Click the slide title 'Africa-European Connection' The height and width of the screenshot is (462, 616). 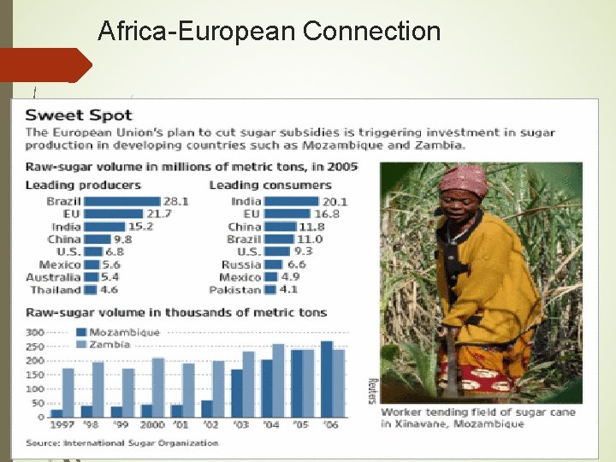269,32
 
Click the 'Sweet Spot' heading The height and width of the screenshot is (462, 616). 79,115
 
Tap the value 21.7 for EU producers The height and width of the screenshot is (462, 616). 158,214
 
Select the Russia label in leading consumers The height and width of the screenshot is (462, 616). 241,264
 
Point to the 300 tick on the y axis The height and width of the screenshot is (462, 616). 35,332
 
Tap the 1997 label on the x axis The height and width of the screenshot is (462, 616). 62,425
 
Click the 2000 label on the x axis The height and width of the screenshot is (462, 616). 151,425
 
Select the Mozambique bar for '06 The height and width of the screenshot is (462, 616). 326,379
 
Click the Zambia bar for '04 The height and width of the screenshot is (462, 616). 278,381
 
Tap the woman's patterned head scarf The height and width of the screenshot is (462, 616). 463,179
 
